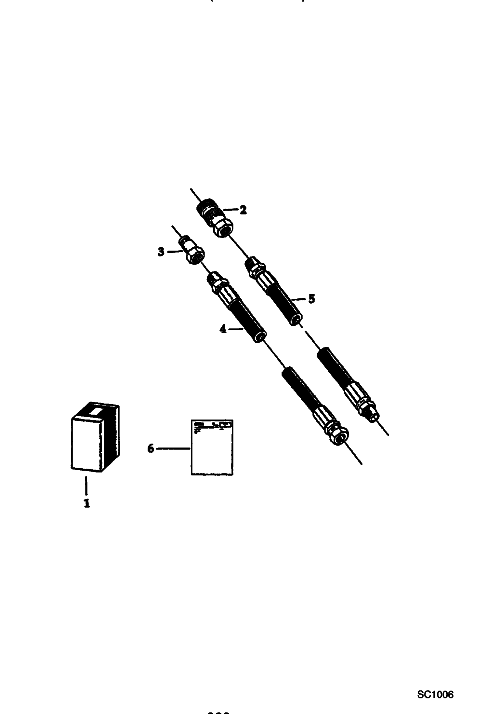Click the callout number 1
(87, 503)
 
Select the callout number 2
(243, 210)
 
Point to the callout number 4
(223, 329)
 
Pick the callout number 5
(311, 298)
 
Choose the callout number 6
(151, 449)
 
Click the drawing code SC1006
(435, 695)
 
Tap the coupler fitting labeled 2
(215, 218)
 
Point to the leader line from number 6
(173, 449)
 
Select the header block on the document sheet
(212, 425)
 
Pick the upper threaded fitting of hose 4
(216, 280)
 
